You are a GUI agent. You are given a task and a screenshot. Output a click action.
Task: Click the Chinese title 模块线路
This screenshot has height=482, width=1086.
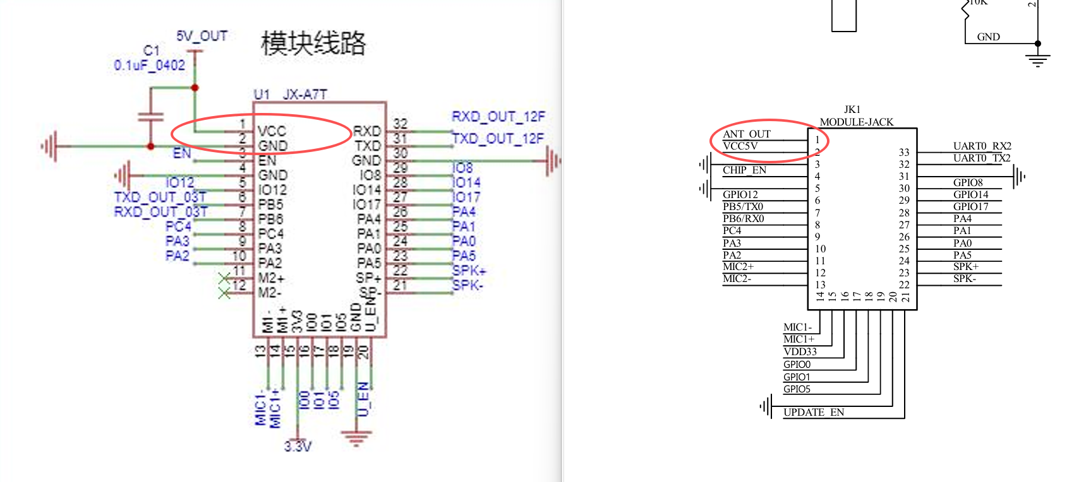(313, 43)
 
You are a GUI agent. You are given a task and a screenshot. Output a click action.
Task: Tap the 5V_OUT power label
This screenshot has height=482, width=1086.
(202, 36)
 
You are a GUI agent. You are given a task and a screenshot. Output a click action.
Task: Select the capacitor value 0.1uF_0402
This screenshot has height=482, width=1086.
(150, 65)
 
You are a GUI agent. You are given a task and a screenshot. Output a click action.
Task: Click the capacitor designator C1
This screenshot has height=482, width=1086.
(152, 50)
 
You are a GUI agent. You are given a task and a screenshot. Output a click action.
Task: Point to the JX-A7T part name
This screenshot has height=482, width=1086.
(305, 95)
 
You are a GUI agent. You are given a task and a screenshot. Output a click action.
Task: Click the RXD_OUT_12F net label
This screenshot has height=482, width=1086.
(498, 117)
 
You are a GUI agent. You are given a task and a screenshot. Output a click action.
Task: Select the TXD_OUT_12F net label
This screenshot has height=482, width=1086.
(498, 138)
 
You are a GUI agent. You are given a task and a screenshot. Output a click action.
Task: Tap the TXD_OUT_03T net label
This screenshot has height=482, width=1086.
(160, 197)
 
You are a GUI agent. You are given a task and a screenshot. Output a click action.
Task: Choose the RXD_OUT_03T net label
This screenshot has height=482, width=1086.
(160, 212)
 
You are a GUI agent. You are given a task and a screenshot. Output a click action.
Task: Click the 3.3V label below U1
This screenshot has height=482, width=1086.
(298, 447)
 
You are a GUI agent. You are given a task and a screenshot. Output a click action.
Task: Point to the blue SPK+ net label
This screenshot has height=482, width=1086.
(469, 271)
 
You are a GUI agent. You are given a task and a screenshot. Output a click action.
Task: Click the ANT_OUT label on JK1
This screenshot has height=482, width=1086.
(746, 134)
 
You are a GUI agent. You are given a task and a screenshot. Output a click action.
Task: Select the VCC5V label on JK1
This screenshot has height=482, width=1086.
(740, 146)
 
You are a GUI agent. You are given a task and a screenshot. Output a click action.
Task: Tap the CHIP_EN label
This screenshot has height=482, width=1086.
(744, 170)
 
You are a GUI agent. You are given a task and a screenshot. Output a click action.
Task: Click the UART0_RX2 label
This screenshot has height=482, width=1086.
(982, 146)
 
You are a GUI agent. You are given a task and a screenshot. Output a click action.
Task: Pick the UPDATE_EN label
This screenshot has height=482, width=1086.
(813, 412)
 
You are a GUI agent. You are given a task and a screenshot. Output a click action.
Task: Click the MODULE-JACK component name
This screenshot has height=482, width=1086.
(856, 122)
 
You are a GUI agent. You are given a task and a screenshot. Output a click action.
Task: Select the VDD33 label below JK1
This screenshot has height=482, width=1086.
(800, 351)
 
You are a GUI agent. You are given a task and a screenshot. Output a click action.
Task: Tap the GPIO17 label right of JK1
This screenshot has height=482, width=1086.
(970, 206)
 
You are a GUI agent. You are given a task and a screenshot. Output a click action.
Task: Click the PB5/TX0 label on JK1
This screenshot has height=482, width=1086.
(743, 206)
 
